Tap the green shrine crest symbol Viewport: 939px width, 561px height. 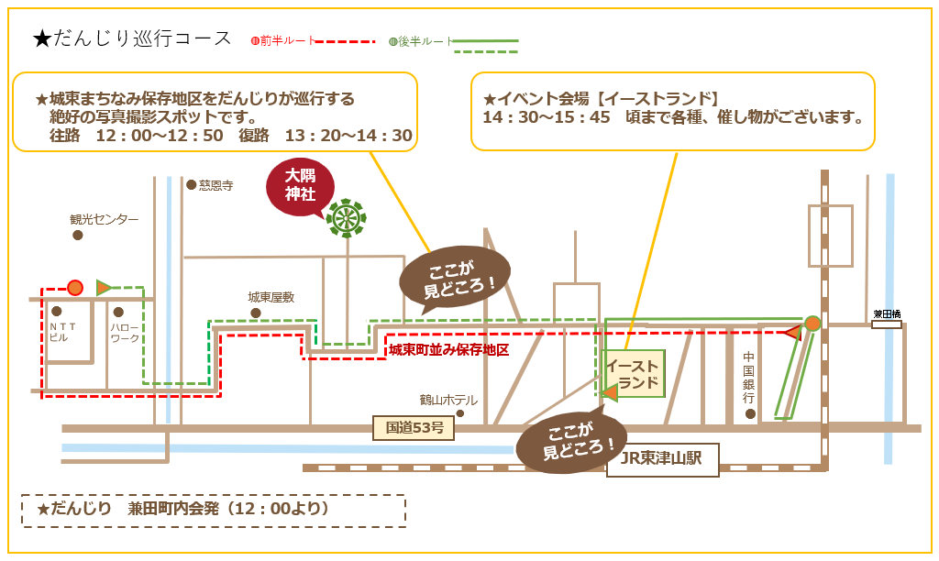coord(347,218)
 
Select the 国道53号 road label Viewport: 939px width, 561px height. coord(414,428)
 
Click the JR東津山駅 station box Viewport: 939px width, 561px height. coord(662,459)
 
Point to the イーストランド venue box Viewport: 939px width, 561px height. coord(633,374)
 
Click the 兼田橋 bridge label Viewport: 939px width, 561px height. coord(887,313)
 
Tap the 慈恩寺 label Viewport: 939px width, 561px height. coord(216,185)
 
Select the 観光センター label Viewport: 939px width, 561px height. coord(105,220)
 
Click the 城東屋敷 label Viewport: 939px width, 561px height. coord(271,297)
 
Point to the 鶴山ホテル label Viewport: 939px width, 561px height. coord(448,400)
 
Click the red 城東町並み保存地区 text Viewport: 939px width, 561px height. coord(448,350)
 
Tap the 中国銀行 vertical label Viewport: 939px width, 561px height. coord(749,377)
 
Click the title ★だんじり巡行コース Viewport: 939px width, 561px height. coord(132,38)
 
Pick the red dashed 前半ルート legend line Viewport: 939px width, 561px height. coord(346,41)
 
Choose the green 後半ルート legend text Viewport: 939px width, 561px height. coord(425,41)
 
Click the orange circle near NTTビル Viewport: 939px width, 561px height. coord(75,288)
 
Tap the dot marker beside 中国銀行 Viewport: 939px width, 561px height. coord(750,414)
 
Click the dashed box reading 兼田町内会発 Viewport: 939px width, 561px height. coord(213,510)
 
